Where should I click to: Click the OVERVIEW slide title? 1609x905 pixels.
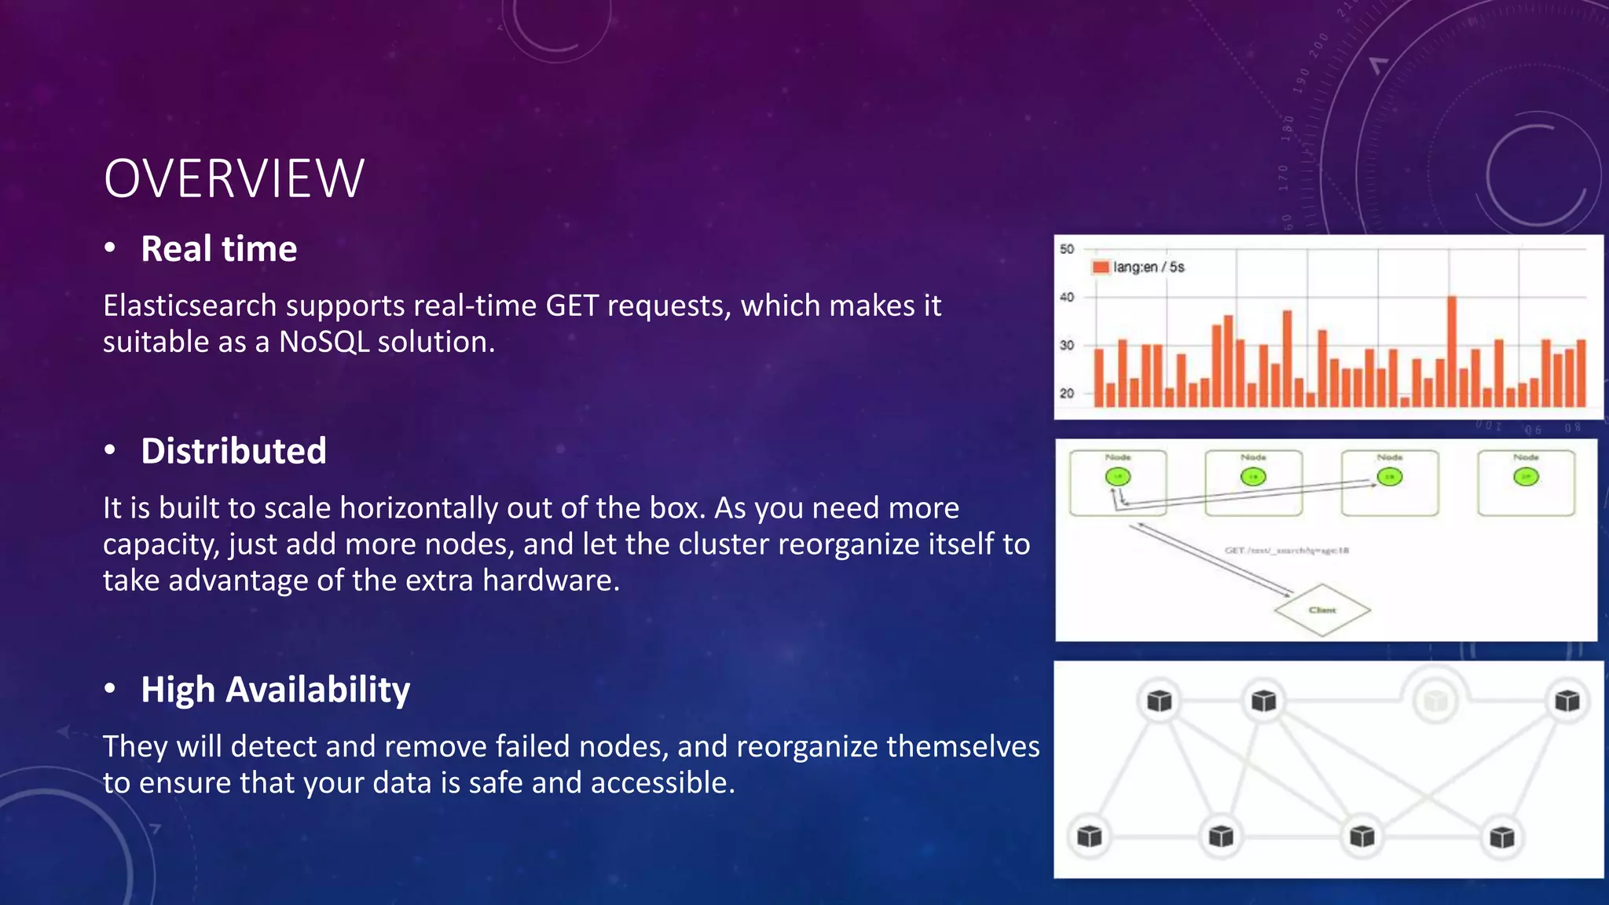coord(233,179)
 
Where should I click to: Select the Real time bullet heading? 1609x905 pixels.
coord(218,249)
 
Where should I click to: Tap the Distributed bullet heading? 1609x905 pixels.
coord(233,451)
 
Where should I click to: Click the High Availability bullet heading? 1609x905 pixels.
coord(275,690)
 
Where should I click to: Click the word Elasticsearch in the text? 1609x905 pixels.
coord(189,306)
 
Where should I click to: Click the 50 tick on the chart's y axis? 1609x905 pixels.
coord(1066,249)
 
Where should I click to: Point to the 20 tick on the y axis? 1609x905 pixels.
coord(1066,393)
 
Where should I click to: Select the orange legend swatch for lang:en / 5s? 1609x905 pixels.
coord(1100,267)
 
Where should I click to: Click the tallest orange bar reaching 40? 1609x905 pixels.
coord(1452,350)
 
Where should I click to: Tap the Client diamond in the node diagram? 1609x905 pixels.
coord(1322,610)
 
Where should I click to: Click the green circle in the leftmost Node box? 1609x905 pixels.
coord(1117,477)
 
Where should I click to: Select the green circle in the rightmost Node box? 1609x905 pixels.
coord(1526,477)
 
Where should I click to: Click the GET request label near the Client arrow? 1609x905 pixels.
coord(1286,551)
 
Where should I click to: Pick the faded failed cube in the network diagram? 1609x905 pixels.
coord(1435,701)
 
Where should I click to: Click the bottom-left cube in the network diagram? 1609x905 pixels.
coord(1090,837)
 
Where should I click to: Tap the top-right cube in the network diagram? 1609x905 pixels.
coord(1567,701)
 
